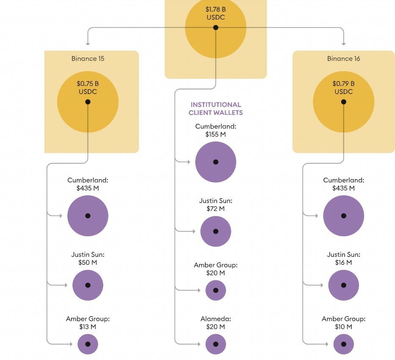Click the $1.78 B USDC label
tap(215, 13)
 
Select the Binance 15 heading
tap(88, 58)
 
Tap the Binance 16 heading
tap(343, 58)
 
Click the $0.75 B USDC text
tap(88, 88)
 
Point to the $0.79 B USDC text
tap(343, 88)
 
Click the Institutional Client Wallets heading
tap(215, 108)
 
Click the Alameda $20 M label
tap(215, 323)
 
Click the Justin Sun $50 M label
tap(88, 258)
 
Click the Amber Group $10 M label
tap(343, 323)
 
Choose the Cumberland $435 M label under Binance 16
tap(343, 184)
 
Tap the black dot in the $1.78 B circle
tap(215, 28)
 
